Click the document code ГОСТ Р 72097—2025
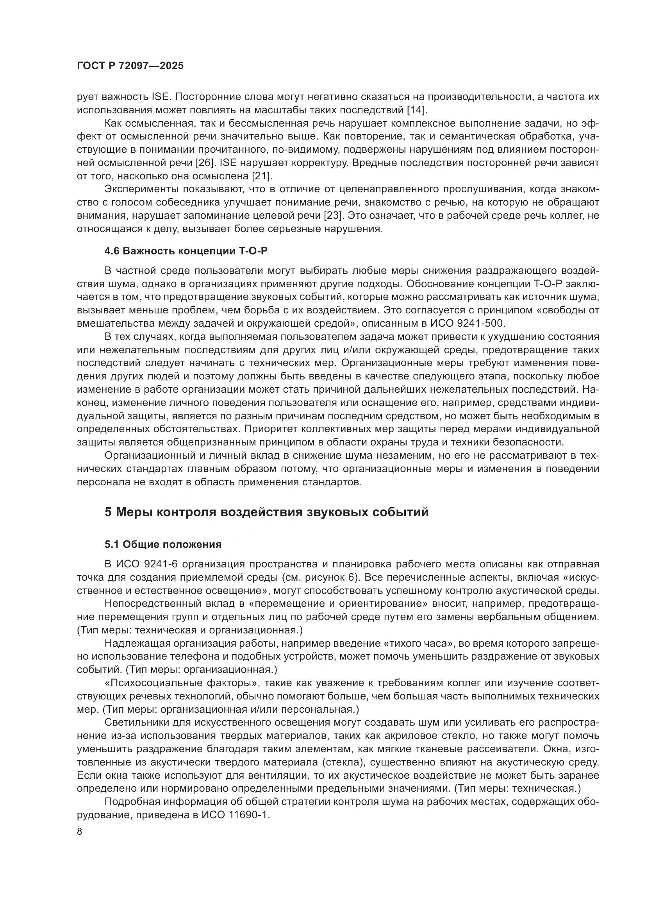(x=130, y=66)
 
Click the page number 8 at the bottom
(x=80, y=832)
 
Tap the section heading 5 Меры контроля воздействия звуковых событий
(x=266, y=512)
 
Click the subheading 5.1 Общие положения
(x=163, y=544)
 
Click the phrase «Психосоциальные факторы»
(x=181, y=683)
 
